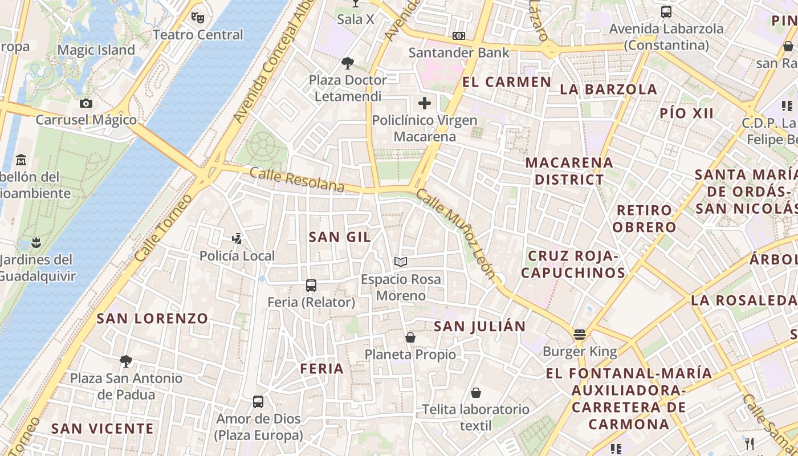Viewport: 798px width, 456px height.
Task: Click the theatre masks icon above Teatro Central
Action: point(197,17)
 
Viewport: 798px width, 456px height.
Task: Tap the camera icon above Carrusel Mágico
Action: point(86,103)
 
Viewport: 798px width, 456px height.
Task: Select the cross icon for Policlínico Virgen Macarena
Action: point(425,103)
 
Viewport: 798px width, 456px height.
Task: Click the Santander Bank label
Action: point(459,53)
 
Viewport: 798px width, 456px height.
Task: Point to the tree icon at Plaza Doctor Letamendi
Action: point(347,63)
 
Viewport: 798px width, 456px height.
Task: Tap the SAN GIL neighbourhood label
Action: point(340,237)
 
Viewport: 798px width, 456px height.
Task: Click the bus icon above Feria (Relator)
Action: point(311,285)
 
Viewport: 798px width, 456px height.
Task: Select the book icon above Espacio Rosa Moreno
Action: point(401,262)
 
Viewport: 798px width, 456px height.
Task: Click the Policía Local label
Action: point(237,256)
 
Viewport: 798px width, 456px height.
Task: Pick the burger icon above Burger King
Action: point(580,335)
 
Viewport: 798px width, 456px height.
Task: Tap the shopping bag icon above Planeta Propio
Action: point(410,337)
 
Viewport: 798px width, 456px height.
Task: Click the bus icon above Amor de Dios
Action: point(258,402)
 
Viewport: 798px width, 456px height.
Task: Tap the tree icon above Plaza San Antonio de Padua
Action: point(126,361)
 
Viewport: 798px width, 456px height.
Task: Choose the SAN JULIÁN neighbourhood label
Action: point(479,327)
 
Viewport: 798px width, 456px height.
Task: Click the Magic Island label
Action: point(96,50)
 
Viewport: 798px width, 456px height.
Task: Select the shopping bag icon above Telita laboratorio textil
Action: point(475,393)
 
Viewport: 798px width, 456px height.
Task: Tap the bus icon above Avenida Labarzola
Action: point(666,11)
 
